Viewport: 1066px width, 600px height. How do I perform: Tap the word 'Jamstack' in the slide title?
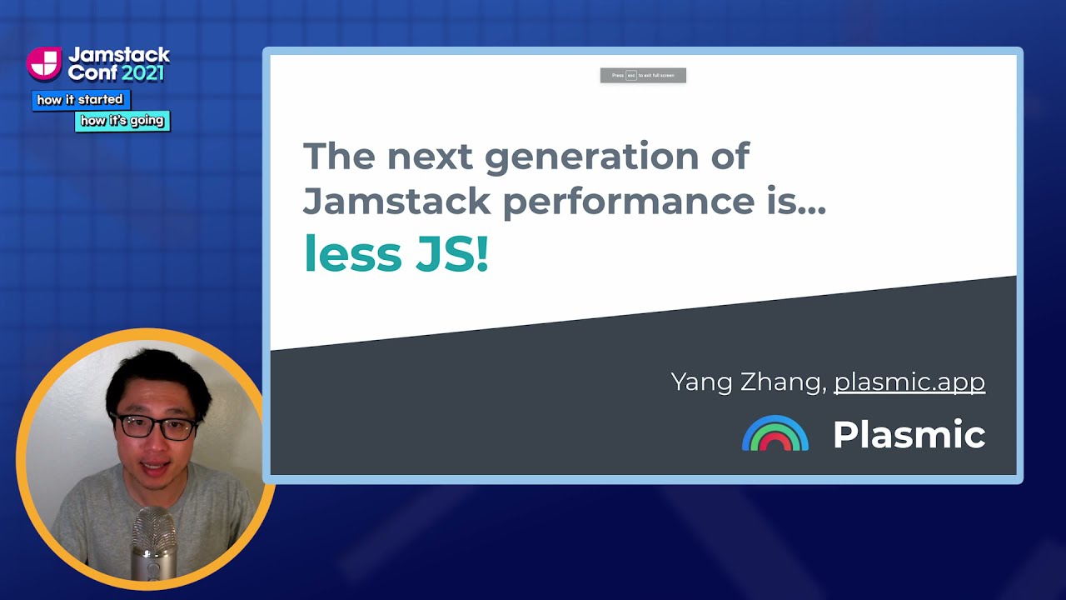coord(396,202)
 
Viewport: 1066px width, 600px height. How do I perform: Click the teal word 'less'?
coord(353,254)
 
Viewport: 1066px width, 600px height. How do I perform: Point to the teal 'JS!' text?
coord(452,254)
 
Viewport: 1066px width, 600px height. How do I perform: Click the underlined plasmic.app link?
coord(909,382)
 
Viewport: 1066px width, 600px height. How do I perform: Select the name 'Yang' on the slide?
coord(706,382)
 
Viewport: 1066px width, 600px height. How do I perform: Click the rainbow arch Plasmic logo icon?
coord(775,433)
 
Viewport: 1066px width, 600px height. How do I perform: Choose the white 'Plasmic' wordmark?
coord(909,434)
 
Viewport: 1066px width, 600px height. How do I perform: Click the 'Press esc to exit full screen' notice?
coord(643,76)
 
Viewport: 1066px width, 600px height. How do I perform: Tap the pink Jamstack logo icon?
coord(44,63)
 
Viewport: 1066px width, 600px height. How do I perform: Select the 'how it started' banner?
coord(80,100)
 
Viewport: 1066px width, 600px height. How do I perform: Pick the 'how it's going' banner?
coord(122,121)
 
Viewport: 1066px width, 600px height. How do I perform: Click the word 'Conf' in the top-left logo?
coord(92,72)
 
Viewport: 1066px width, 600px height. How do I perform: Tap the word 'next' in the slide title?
coord(428,157)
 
